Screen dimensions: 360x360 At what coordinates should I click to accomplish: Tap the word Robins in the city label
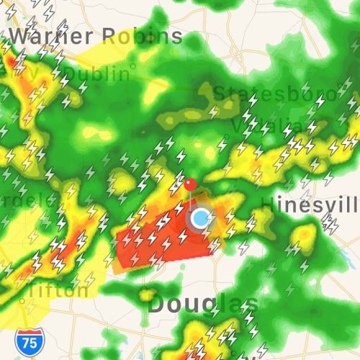pyautogui.click(x=142, y=35)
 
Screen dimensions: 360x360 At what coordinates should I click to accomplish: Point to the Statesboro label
pyautogui.click(x=274, y=94)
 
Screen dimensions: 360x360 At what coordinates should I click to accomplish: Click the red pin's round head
pyautogui.click(x=190, y=184)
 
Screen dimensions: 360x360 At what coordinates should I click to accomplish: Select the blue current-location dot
pyautogui.click(x=201, y=217)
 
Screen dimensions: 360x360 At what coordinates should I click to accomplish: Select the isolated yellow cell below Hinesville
pyautogui.click(x=306, y=235)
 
